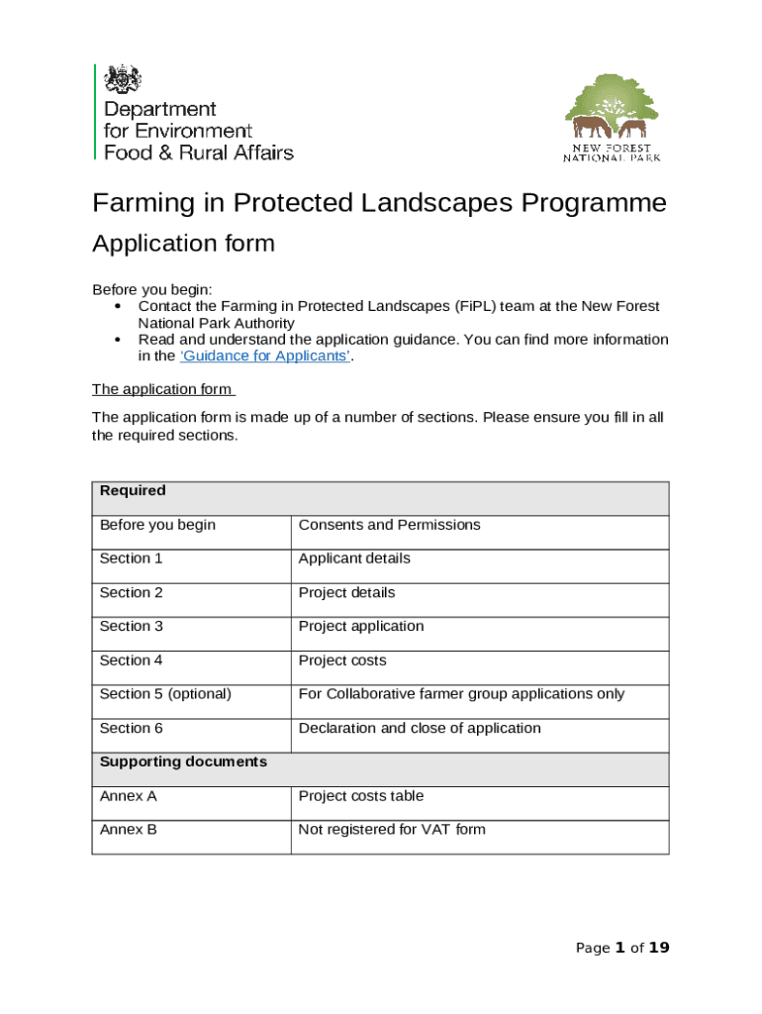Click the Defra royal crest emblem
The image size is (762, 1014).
click(x=124, y=79)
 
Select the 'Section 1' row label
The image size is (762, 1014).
click(x=132, y=558)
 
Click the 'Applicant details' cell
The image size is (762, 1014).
click(x=354, y=558)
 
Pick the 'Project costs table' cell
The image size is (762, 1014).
click(x=361, y=796)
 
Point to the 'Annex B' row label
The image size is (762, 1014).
click(x=129, y=830)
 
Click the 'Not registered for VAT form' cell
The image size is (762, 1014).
click(x=392, y=830)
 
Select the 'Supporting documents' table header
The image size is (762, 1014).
click(x=183, y=762)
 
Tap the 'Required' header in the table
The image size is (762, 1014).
click(x=133, y=491)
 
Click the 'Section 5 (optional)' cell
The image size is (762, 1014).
click(x=165, y=694)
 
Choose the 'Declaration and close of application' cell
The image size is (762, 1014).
click(x=420, y=728)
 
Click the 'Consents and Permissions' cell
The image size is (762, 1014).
click(x=389, y=525)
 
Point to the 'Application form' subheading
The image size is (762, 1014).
click(x=183, y=244)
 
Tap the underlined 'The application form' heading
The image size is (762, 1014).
click(x=162, y=389)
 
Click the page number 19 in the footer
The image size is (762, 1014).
click(x=659, y=948)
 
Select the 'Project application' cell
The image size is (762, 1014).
click(x=361, y=626)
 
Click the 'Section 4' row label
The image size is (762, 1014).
click(x=132, y=660)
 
